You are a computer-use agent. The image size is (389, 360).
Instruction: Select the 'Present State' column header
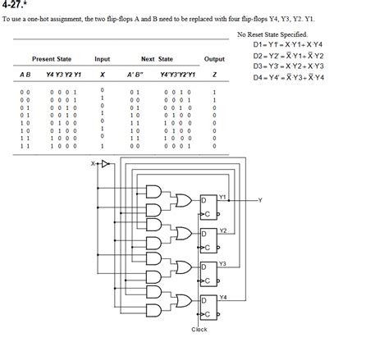(x=52, y=59)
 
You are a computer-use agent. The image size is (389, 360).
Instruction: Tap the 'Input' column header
(x=103, y=59)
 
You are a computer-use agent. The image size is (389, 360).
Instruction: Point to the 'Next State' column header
(x=157, y=59)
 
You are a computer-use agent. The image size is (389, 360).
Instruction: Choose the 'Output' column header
(x=214, y=59)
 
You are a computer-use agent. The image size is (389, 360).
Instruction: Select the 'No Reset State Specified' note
(x=272, y=34)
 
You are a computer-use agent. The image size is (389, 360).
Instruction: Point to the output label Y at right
(x=260, y=199)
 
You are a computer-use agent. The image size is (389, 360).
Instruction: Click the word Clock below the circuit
(x=199, y=330)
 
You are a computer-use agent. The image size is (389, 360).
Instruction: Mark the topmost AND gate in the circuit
(x=153, y=191)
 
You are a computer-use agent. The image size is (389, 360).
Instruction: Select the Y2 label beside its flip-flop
(x=223, y=230)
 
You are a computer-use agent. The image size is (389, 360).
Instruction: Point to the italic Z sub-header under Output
(x=214, y=75)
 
